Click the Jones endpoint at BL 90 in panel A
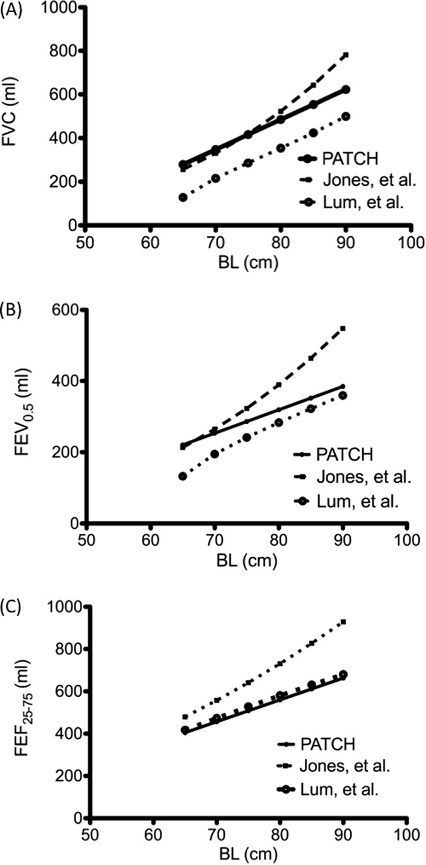point(345,55)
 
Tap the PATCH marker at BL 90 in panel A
point(345,90)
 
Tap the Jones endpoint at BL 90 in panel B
point(343,328)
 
